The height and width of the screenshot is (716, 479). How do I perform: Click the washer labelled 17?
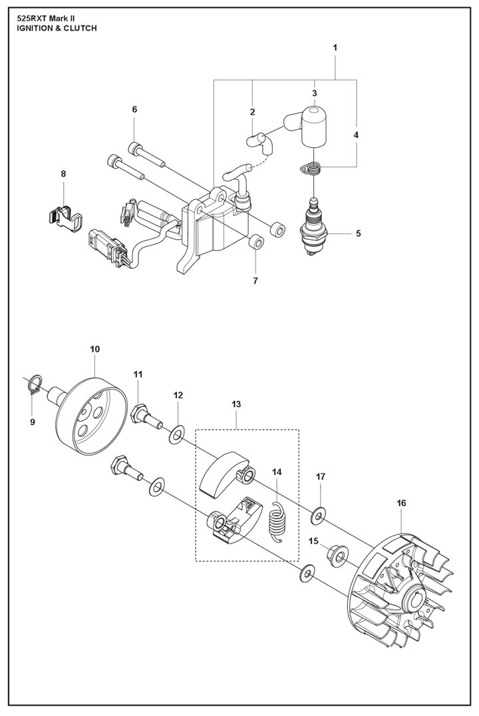click(x=317, y=516)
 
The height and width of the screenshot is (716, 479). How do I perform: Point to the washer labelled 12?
click(x=177, y=434)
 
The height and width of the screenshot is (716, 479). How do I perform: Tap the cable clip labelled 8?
click(x=65, y=217)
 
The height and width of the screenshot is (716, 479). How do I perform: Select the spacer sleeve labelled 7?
click(x=257, y=242)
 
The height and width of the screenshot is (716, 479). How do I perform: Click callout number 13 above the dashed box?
click(x=236, y=404)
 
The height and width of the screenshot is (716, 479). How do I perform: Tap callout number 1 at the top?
click(x=335, y=47)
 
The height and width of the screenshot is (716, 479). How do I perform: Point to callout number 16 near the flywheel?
click(x=401, y=503)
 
